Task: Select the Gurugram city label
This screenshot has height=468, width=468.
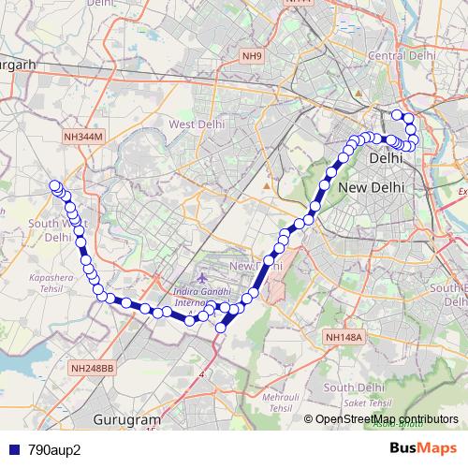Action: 127,420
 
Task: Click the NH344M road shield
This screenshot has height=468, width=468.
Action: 82,138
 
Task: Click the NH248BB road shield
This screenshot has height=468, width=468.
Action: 92,369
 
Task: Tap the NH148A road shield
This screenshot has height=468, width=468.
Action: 343,336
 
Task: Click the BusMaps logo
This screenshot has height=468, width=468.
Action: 422,448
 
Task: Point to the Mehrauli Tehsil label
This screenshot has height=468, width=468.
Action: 275,403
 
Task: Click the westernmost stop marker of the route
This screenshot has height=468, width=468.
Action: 54,185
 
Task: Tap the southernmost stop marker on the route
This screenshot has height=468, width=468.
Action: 222,328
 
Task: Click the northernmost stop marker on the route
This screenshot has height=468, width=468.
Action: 397,115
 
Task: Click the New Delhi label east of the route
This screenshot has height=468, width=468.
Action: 372,187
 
